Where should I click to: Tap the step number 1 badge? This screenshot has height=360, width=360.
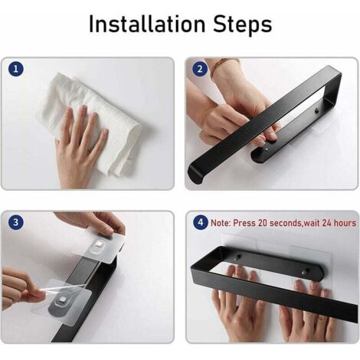click(18, 70)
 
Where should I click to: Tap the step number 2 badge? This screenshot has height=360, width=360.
click(200, 70)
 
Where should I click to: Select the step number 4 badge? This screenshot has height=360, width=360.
click(200, 223)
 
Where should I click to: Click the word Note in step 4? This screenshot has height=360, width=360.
click(223, 223)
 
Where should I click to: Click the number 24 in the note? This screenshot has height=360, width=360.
click(323, 223)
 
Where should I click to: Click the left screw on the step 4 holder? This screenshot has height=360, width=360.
click(236, 259)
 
